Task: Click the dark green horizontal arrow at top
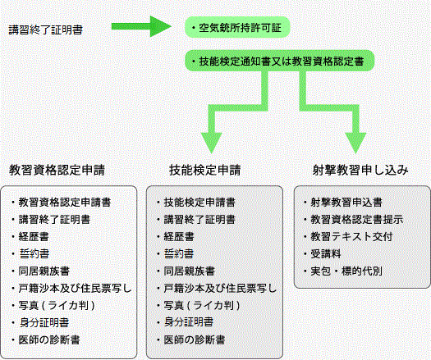click(x=141, y=26)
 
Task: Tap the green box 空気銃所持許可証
click(x=237, y=27)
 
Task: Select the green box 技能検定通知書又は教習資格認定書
click(x=280, y=61)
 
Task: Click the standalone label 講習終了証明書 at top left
click(x=46, y=30)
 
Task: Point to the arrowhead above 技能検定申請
click(x=211, y=143)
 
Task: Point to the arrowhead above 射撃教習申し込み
click(x=355, y=143)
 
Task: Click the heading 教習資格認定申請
click(x=57, y=170)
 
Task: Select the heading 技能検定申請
click(x=204, y=170)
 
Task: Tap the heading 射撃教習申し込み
click(x=360, y=170)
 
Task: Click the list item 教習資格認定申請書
click(x=65, y=203)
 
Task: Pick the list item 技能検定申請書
click(x=199, y=203)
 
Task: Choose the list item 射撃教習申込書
click(x=346, y=203)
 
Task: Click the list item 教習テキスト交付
click(x=351, y=237)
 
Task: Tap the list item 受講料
click(x=326, y=253)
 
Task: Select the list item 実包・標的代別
click(x=346, y=271)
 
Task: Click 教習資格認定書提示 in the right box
click(x=357, y=220)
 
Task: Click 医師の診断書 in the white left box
click(x=49, y=339)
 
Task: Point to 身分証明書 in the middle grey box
click(x=189, y=322)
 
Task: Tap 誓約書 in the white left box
click(x=34, y=253)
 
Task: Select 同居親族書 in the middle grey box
click(x=189, y=271)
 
